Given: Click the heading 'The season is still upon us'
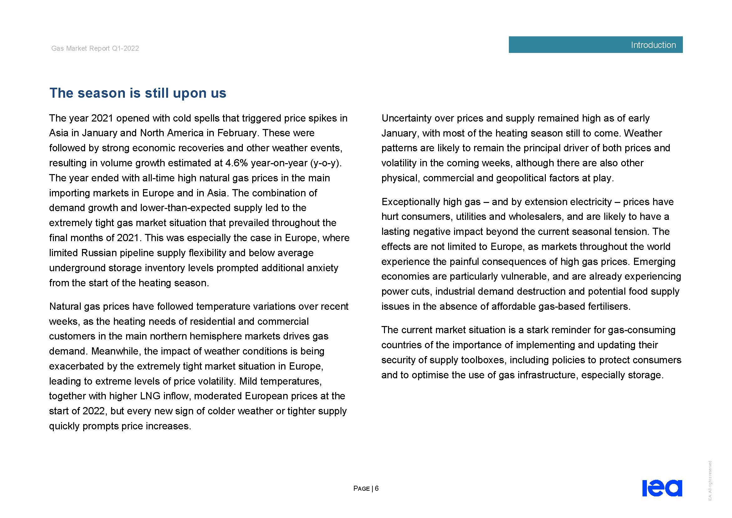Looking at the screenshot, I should (138, 93).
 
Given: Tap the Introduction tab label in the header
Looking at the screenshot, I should (653, 45).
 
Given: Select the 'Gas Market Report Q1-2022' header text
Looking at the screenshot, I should (95, 49).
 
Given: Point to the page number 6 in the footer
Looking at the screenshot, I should (376, 488).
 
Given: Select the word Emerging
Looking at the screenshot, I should (654, 262).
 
